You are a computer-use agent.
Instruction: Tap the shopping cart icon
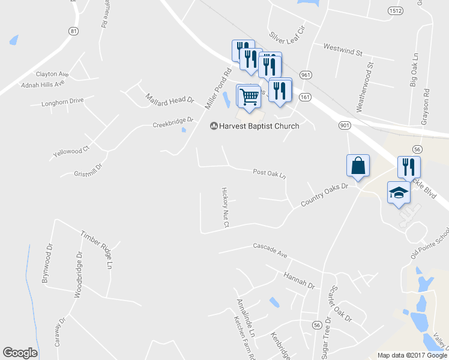click(249, 96)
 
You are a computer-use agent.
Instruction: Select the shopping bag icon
click(358, 166)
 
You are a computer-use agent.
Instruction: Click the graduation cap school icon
click(399, 193)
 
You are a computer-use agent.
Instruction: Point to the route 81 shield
click(73, 31)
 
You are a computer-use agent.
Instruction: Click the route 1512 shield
click(395, 11)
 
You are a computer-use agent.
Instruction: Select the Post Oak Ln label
click(269, 173)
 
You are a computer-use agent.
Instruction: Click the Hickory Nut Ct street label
click(226, 206)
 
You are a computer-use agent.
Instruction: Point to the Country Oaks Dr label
click(324, 195)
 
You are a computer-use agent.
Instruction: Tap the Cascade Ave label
click(270, 250)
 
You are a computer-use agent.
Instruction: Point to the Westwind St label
click(343, 49)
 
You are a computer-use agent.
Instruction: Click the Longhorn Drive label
click(62, 101)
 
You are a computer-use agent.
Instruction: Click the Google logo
click(20, 353)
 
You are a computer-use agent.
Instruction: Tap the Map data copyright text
click(412, 355)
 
